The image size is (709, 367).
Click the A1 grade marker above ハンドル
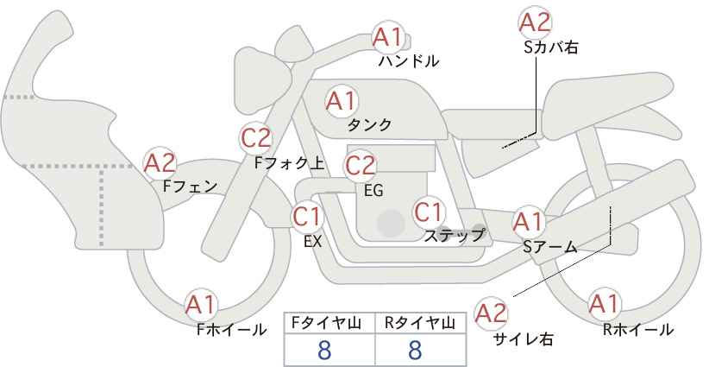387,37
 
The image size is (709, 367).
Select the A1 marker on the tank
342,101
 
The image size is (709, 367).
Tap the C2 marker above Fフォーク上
256,138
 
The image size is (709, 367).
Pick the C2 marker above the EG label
361,166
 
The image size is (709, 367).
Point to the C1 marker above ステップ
429,212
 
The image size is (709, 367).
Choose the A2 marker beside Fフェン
160,163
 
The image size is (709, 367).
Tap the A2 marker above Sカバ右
536,22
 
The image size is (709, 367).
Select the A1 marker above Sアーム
528,222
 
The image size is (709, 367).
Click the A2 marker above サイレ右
491,313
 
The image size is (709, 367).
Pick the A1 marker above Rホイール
604,304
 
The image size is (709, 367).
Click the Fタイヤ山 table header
326,323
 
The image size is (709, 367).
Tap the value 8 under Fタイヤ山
324,351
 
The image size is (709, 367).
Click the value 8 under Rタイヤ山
415,351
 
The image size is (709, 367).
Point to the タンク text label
369,124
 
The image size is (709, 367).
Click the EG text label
374,191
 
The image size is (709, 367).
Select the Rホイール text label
638,330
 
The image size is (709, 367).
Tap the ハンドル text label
409,60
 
